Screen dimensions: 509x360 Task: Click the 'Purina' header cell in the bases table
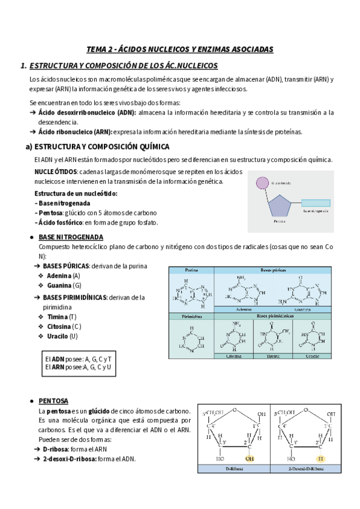click(191, 270)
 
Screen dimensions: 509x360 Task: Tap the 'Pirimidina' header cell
click(191, 316)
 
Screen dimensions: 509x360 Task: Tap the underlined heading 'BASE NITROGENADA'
click(71, 237)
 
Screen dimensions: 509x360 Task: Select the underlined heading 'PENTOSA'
click(53, 400)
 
